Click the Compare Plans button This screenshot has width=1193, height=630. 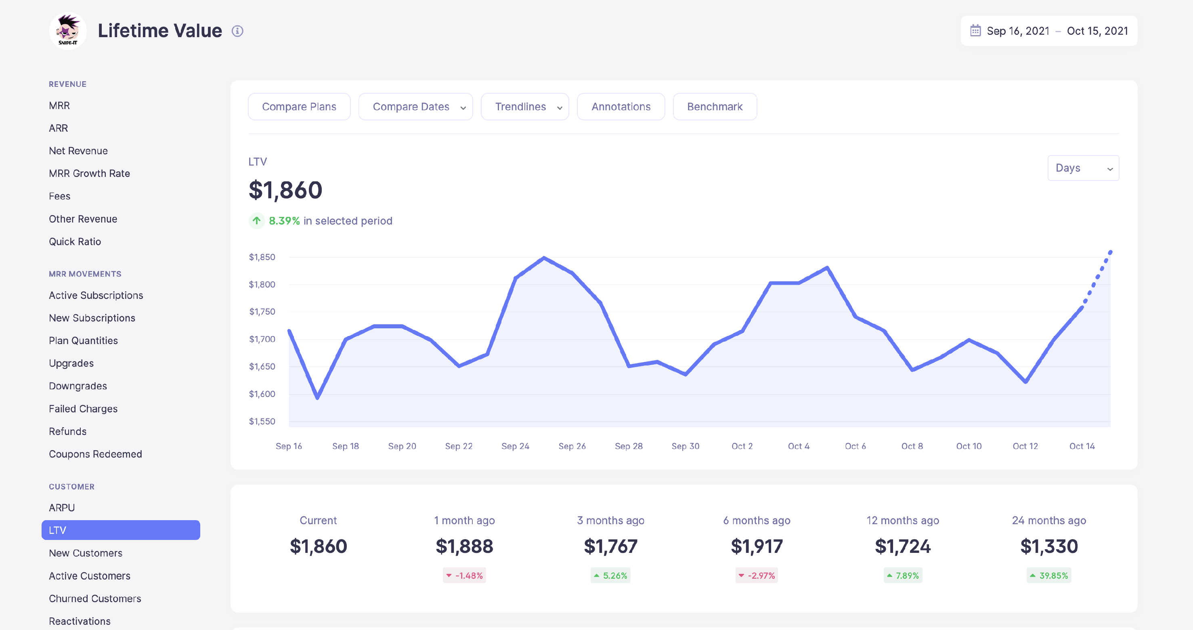point(299,107)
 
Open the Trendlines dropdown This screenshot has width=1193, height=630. point(524,107)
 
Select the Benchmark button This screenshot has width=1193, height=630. point(714,107)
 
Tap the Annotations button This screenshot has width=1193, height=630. point(620,107)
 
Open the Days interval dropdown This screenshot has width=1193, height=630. point(1082,168)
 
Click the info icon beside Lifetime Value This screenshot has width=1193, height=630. point(237,31)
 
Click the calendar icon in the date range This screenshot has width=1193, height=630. point(975,31)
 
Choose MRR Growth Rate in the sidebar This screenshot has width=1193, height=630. point(89,173)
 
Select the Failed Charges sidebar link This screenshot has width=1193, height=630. point(83,409)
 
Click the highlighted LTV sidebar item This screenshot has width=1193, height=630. point(120,530)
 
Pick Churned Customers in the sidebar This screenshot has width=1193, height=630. point(95,598)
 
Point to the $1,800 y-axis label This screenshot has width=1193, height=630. point(262,284)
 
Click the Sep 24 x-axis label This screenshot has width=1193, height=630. point(515,446)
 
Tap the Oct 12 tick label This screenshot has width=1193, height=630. point(1025,446)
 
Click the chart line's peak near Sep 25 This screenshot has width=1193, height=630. point(544,258)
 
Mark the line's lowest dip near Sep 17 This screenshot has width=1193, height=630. point(317,398)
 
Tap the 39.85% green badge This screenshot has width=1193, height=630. point(1048,575)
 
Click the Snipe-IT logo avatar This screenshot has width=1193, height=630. point(67,31)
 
